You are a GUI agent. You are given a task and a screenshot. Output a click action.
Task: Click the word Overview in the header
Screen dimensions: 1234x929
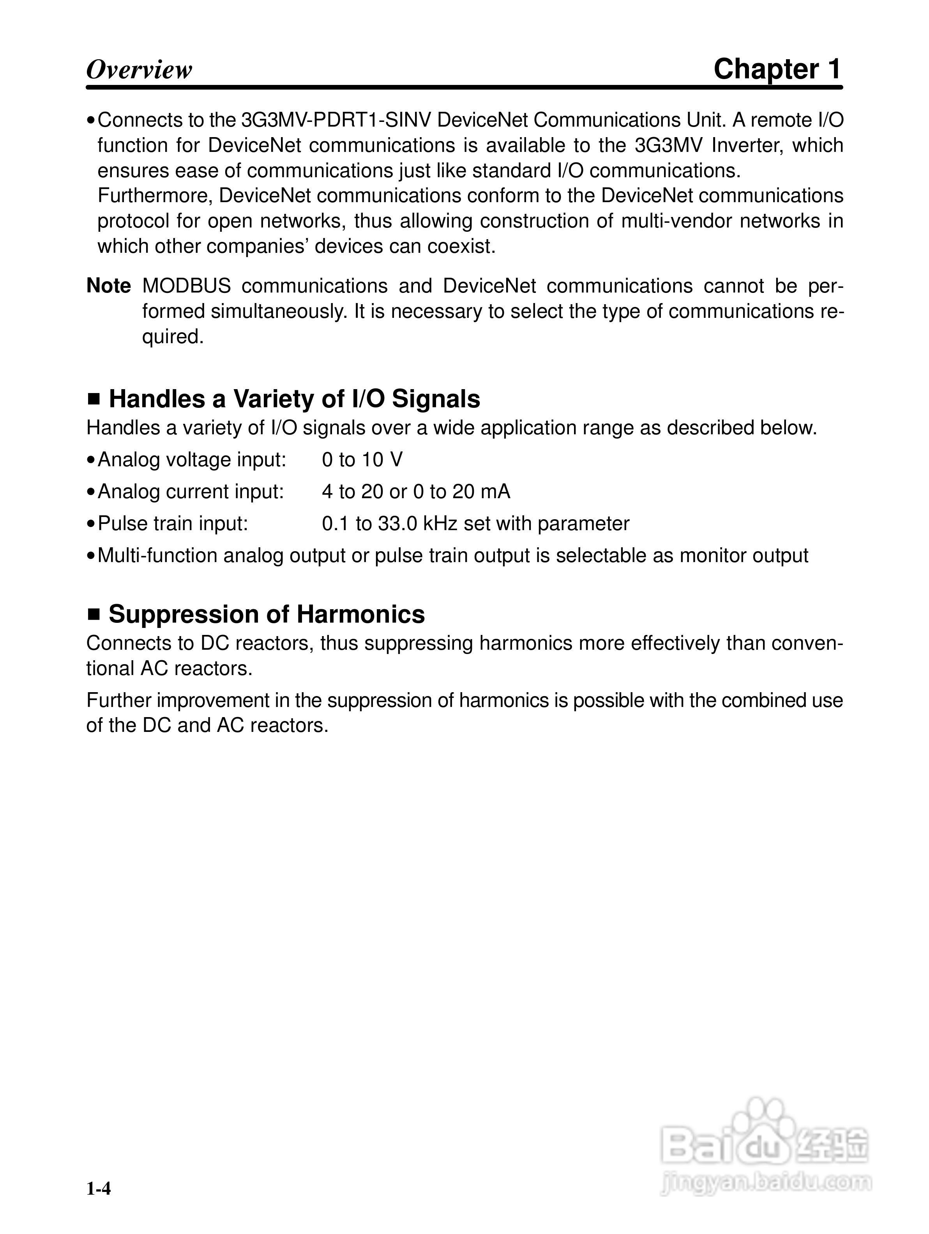coord(139,70)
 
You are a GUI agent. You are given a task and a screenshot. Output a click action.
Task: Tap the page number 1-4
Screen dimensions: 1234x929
coord(99,1189)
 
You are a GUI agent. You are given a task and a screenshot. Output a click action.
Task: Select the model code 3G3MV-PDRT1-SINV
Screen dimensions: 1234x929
coord(336,120)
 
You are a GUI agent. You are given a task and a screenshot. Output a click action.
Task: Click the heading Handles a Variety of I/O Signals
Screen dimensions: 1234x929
coord(294,399)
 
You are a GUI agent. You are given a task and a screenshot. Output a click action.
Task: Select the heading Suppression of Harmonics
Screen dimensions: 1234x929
coord(266,614)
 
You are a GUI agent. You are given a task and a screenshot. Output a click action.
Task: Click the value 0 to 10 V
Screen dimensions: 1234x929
coord(362,460)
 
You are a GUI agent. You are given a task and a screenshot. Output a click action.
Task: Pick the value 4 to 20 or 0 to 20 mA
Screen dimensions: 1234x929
coord(416,492)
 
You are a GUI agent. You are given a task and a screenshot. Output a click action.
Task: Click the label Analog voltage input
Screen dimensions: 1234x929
coord(191,460)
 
